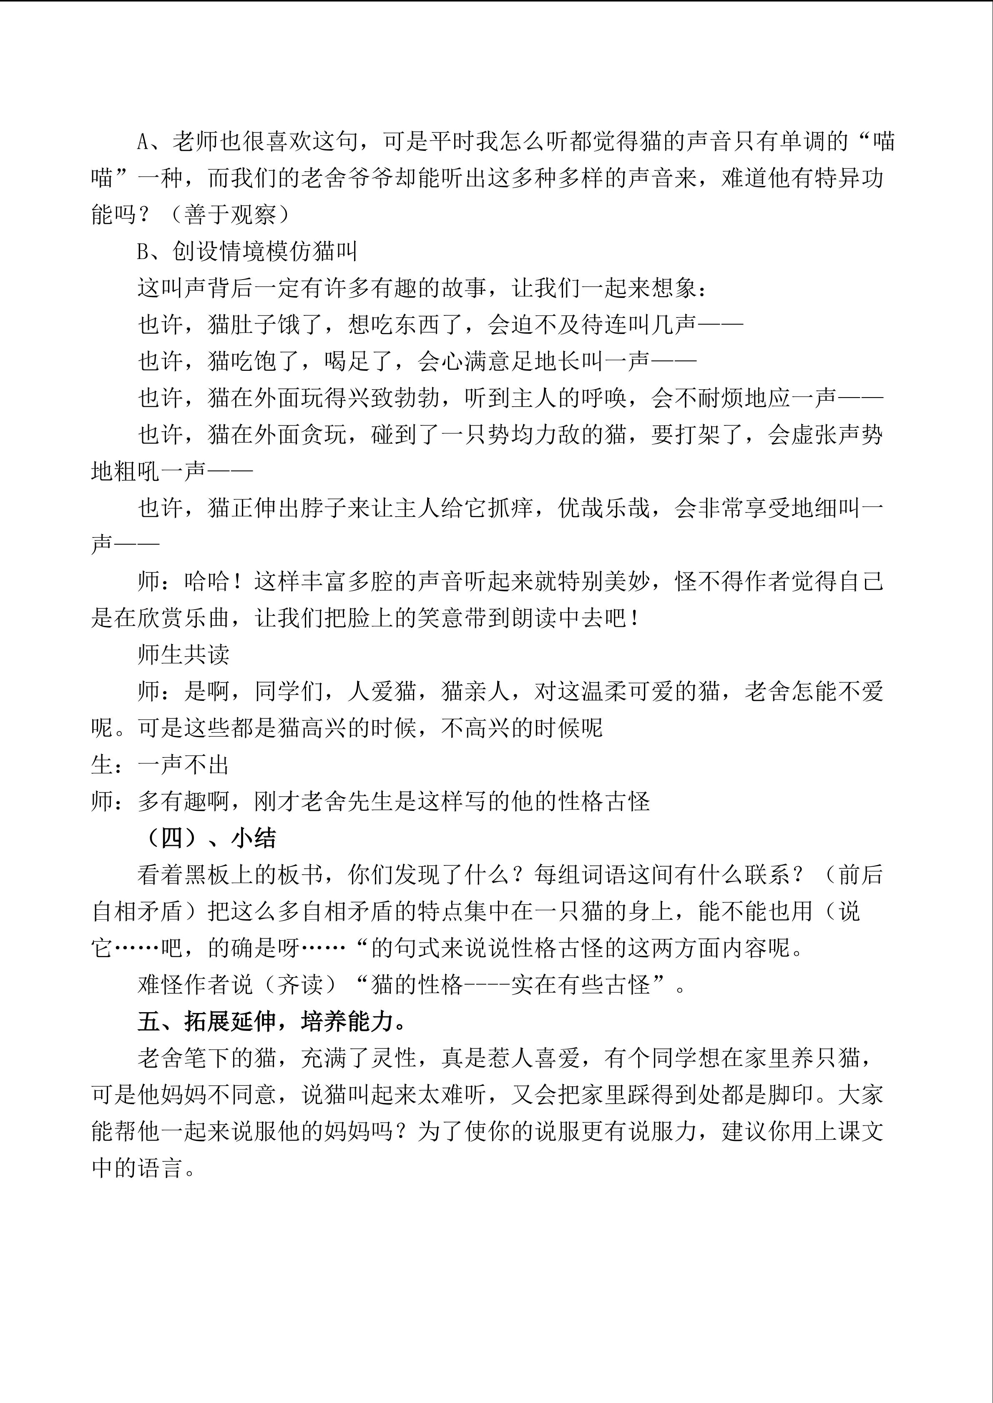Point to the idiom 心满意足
[488, 362]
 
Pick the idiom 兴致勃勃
[395, 398]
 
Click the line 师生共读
[184, 655]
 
